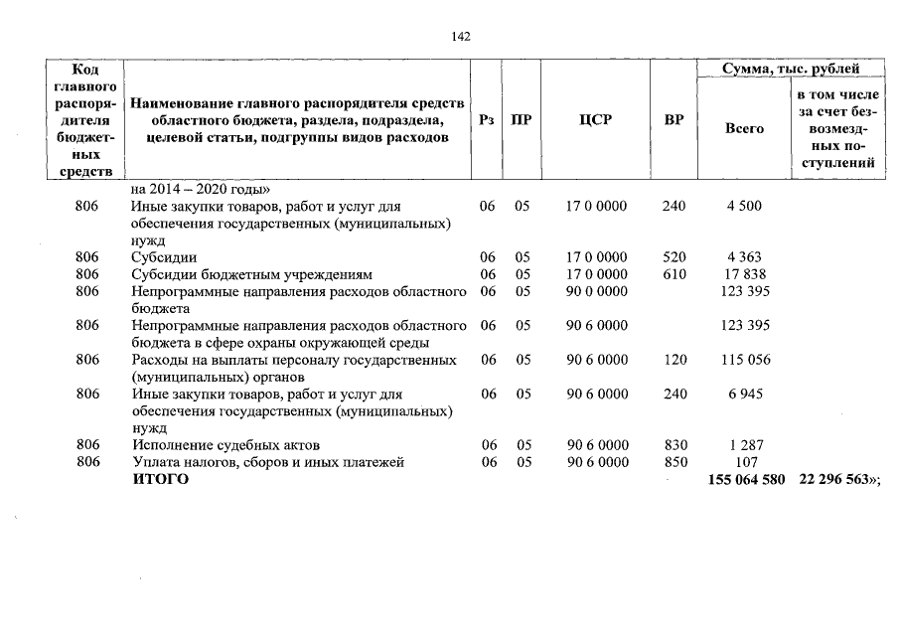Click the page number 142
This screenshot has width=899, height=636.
(x=461, y=36)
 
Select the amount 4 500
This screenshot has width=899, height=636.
(x=744, y=207)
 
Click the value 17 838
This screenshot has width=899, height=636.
(x=744, y=274)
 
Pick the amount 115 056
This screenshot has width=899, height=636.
(x=744, y=360)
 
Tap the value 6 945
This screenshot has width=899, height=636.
(x=744, y=395)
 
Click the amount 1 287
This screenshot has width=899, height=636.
(x=744, y=446)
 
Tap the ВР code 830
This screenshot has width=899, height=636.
(x=674, y=446)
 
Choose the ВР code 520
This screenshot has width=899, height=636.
(x=674, y=257)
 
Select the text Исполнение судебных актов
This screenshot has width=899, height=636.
(x=225, y=446)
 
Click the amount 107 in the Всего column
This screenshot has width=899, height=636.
(x=744, y=463)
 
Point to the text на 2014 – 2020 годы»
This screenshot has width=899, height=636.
(x=201, y=189)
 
